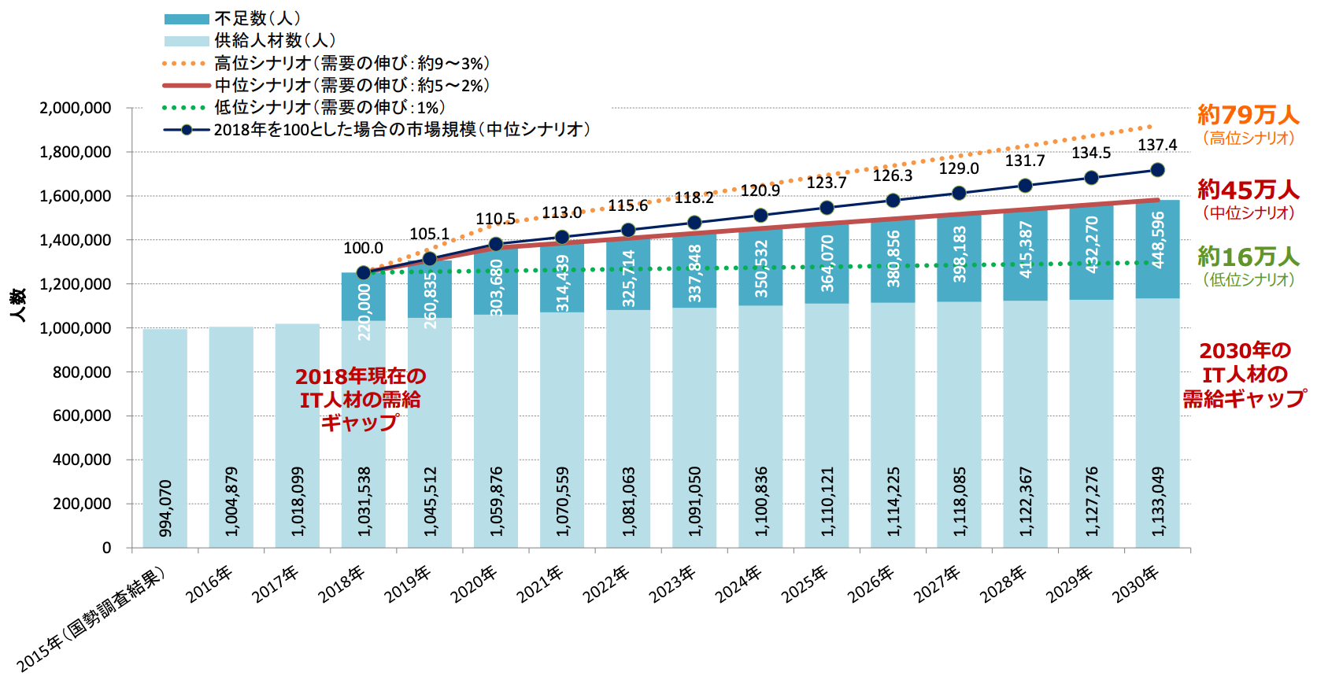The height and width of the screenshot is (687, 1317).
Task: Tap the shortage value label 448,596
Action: pos(1157,241)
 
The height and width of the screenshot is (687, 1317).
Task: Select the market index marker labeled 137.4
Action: pos(1157,170)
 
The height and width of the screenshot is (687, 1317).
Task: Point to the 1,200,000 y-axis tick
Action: pos(76,284)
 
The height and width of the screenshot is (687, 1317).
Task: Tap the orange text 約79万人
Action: pos(1248,115)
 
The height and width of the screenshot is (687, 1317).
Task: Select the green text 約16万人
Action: pos(1248,257)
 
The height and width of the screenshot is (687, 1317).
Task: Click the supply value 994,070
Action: pos(165,508)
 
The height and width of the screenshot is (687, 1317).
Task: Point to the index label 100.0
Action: pos(363,249)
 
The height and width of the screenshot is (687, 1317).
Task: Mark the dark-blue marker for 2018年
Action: pos(364,273)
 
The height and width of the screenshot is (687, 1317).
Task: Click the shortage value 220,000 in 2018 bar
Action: pos(364,312)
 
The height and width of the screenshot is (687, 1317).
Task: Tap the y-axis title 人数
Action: pos(18,305)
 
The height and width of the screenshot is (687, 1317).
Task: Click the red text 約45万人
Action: pos(1248,190)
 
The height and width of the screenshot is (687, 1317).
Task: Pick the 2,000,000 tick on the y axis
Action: pos(76,108)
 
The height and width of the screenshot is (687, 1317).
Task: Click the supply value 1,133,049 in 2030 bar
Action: pos(1157,502)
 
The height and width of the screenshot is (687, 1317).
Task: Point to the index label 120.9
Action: pos(760,190)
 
